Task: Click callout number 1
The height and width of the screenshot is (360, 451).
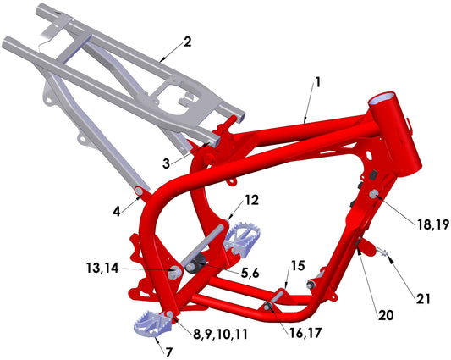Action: [x=318, y=82]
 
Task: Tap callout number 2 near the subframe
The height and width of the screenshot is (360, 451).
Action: [x=187, y=41]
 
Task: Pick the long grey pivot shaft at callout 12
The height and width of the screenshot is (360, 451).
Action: [x=205, y=246]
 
